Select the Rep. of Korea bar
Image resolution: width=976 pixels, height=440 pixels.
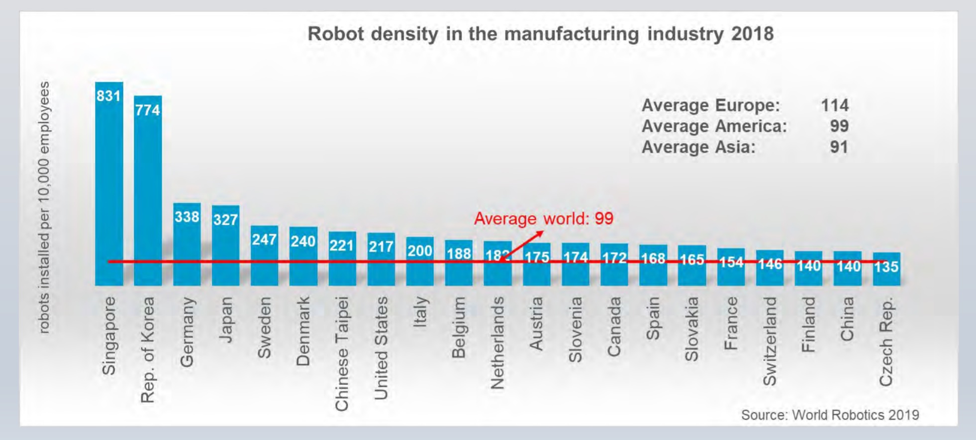click(148, 194)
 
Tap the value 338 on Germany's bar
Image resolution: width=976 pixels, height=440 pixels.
click(187, 217)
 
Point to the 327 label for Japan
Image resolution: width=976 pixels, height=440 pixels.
click(225, 219)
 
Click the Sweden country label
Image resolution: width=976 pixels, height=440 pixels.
click(264, 328)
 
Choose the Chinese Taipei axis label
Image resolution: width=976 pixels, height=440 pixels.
click(342, 353)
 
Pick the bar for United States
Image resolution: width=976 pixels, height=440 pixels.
click(381, 264)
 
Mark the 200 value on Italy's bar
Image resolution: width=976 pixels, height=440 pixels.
click(420, 251)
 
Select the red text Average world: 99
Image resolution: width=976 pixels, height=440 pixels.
click(543, 219)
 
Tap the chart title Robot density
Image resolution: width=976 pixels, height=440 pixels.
click(540, 34)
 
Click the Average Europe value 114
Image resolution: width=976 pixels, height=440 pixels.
click(834, 105)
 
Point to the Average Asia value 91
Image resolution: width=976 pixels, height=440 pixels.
click(838, 147)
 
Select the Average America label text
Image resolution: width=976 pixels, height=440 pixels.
click(714, 126)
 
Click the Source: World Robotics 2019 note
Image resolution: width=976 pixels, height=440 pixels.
click(830, 415)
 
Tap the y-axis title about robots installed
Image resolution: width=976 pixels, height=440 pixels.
click(44, 207)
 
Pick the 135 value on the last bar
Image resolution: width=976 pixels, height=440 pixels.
click(886, 267)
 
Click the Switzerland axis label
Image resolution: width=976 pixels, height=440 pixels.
click(770, 341)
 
